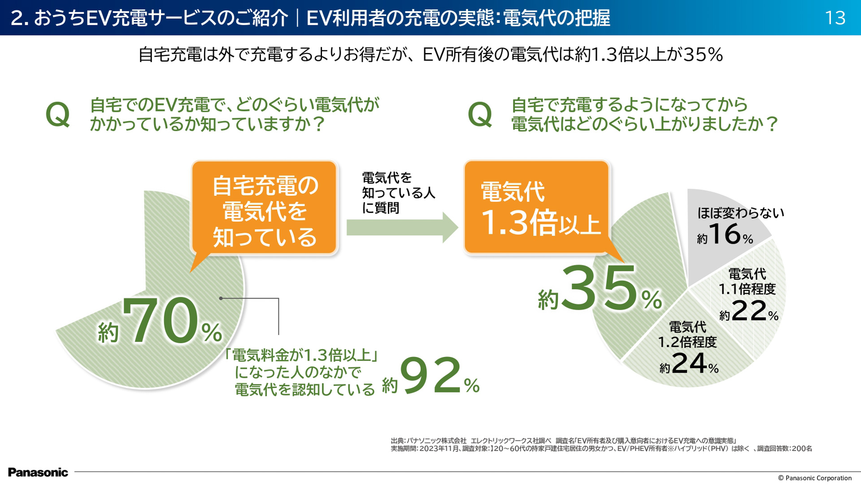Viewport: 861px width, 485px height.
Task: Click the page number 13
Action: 835,18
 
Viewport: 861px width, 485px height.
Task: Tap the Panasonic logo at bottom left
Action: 38,472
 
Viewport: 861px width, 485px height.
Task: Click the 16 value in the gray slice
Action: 725,234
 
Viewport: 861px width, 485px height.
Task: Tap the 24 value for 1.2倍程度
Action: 689,363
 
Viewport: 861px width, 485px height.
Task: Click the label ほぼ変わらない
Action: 740,213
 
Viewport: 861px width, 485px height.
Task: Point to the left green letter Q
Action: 58,115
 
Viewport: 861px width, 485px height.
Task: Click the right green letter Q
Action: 480,115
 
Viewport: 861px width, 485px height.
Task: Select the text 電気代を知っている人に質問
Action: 398,193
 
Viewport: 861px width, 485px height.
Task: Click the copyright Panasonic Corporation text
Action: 814,478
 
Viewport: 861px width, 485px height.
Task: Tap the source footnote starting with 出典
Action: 601,445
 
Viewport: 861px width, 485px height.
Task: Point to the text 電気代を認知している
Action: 304,389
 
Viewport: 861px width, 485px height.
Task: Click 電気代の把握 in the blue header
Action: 556,18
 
